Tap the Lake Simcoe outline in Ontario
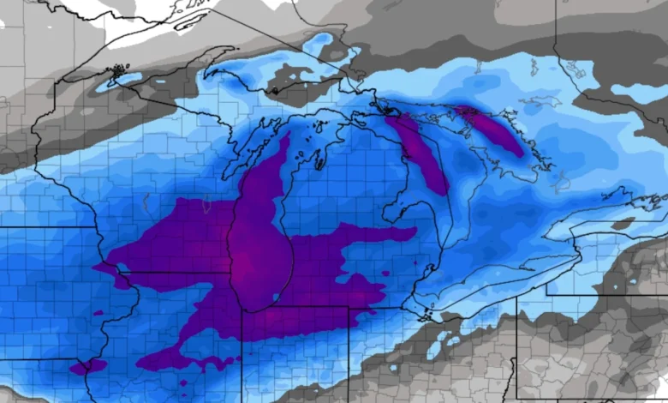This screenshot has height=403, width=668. (x=562, y=180)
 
